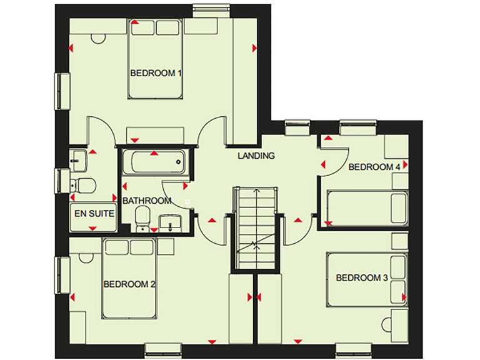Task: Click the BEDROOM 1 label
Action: coord(156,73)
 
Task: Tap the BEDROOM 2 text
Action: coord(129,284)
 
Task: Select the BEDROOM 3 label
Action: coord(362,277)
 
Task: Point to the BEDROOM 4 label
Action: coord(374,167)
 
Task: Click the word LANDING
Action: coord(256,156)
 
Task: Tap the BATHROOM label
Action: coord(147,201)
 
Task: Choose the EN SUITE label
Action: coord(94,213)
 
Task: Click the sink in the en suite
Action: coord(77,160)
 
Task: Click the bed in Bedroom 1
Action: coord(156,59)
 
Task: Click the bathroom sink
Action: coord(169,221)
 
